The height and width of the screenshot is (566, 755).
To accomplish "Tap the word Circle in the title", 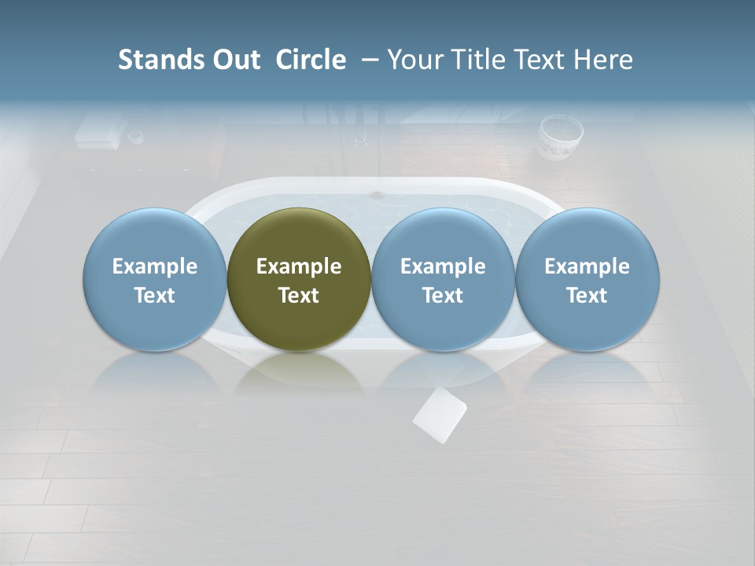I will pos(311,60).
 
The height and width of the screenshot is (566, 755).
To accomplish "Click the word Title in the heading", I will pos(480,60).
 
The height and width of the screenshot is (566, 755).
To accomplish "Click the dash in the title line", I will pos(368,60).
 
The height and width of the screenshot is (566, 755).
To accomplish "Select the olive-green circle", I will pos(299,279).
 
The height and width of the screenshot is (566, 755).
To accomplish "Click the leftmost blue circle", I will pos(154,279).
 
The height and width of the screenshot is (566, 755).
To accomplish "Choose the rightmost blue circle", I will pos(587,279).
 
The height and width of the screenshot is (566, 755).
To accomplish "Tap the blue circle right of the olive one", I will pos(443,279).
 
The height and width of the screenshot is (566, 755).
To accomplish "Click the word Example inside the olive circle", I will pos(299,266).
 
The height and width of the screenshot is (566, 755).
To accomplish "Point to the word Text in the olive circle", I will pos(299,296).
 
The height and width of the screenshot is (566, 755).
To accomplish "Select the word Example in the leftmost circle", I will pos(154,266).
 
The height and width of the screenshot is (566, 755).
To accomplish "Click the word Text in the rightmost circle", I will pos(587,296).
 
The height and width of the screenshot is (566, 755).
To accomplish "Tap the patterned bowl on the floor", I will pos(560,137).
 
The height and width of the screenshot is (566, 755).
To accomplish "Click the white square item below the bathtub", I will pos(440,415).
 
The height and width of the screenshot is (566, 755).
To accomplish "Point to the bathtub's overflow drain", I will pos(377,194).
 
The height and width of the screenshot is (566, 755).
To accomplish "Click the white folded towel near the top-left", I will pos(98,131).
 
